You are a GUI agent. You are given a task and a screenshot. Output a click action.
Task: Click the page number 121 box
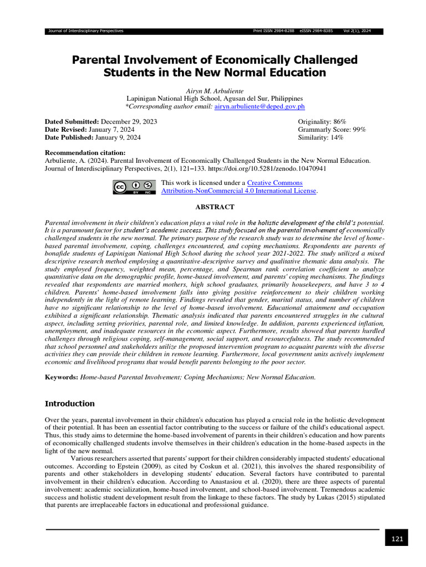click(396, 538)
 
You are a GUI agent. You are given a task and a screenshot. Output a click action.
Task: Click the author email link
click(260, 106)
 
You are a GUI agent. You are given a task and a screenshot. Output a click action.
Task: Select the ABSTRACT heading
click(213, 206)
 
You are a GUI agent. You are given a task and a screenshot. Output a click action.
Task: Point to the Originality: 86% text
click(322, 121)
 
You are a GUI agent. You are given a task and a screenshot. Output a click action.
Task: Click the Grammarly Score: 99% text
click(332, 129)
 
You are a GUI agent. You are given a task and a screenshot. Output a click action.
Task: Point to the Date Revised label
click(66, 129)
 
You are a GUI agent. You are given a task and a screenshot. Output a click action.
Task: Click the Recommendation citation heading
click(84, 152)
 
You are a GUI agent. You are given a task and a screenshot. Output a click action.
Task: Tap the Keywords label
click(61, 377)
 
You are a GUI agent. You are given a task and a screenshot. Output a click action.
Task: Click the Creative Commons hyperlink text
click(275, 183)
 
